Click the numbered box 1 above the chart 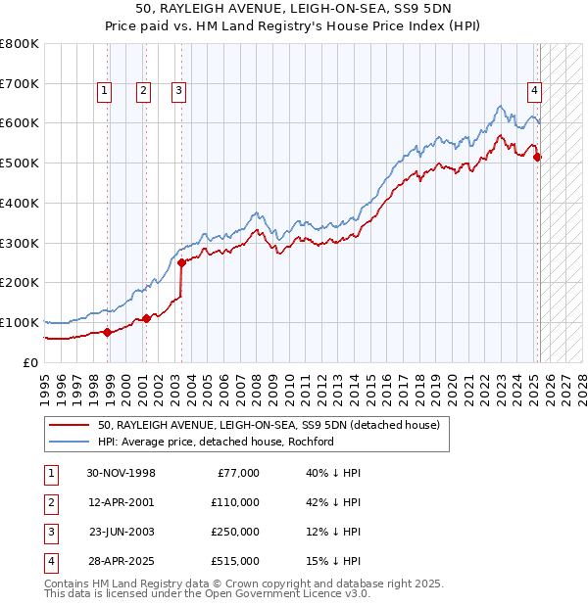click(104, 91)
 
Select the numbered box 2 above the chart click(143, 91)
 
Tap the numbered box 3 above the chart click(179, 91)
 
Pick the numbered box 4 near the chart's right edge click(535, 91)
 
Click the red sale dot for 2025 click(537, 157)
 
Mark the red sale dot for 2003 click(181, 261)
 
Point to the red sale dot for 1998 click(108, 331)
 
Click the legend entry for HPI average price click(216, 442)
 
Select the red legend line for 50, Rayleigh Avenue click(69, 425)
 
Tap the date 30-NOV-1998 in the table click(122, 473)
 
